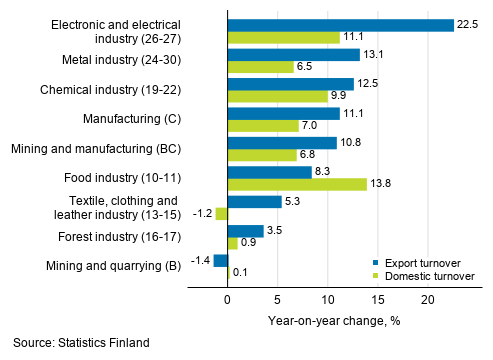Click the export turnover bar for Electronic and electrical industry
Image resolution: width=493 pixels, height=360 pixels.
click(340, 24)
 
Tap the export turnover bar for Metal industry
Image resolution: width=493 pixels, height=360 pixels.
click(293, 54)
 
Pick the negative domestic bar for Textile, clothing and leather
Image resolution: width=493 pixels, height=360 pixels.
click(221, 213)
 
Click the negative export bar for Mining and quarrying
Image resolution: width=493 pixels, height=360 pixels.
click(220, 260)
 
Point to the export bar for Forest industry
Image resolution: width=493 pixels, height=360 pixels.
click(245, 230)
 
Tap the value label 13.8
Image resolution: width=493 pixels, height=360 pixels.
click(381, 184)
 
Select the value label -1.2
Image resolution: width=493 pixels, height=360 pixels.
click(201, 213)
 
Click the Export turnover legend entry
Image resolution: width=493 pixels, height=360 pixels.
click(411, 258)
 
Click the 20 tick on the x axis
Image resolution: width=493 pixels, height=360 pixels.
click(427, 299)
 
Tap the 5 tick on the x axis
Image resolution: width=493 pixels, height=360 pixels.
click(277, 299)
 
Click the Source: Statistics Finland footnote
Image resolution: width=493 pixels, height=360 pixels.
click(81, 343)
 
